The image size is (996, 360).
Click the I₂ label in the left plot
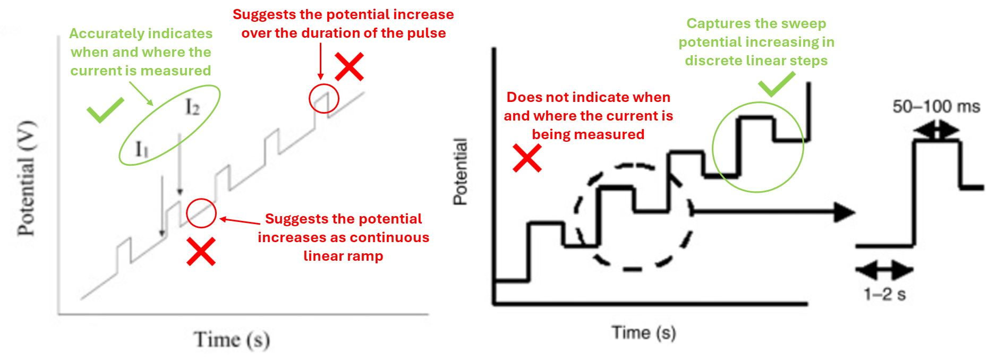192,108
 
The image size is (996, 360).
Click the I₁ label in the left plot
142,149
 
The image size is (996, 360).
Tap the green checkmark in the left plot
105,110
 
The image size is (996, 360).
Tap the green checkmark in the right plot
776,84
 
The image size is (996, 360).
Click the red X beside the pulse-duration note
349,66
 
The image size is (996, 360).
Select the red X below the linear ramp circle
201,251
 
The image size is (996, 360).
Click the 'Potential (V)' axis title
27,178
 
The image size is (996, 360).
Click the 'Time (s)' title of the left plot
232,340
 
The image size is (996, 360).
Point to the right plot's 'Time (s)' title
644,333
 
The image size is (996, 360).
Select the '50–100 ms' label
936,107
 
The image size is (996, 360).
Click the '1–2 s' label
884,294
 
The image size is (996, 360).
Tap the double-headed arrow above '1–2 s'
884,270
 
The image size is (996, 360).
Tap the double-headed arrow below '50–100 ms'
937,130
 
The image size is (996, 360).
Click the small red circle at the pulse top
324,98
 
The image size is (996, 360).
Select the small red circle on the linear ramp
201,213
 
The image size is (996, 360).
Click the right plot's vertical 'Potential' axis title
460,172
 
